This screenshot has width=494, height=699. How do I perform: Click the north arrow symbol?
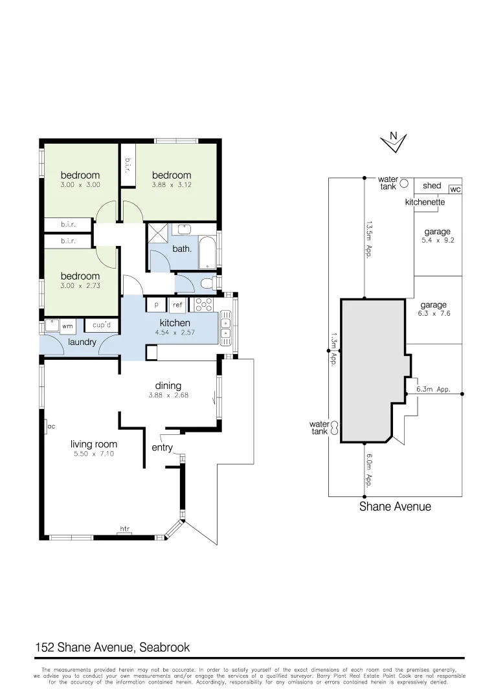(x=393, y=141)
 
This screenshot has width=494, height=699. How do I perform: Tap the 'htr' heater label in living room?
(x=124, y=529)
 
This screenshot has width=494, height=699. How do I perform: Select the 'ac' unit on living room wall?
(x=50, y=427)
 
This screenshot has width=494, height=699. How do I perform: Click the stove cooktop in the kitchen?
(x=204, y=305)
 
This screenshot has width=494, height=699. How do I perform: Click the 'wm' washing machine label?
(x=67, y=326)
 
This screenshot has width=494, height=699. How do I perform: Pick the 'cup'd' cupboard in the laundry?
(x=102, y=325)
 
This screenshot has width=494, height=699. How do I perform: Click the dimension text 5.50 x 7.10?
(x=94, y=454)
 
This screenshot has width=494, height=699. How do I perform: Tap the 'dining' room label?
(x=168, y=386)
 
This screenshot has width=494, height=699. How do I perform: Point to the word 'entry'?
(x=162, y=447)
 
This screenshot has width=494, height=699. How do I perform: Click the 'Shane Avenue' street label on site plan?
(x=395, y=507)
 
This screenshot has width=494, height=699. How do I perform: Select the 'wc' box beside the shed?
(x=455, y=190)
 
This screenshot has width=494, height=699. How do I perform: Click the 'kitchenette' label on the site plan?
(x=425, y=202)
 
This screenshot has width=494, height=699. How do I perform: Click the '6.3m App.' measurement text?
(x=433, y=390)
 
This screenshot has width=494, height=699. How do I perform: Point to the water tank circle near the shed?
(x=403, y=183)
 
